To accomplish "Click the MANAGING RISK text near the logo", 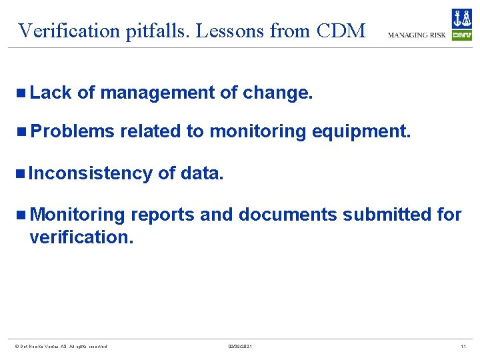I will coord(417,35).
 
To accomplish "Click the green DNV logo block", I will coord(461,35).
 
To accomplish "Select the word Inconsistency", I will coord(91,173).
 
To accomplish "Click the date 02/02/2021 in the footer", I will coord(240,347).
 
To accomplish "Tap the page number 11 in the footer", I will coord(463,347).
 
